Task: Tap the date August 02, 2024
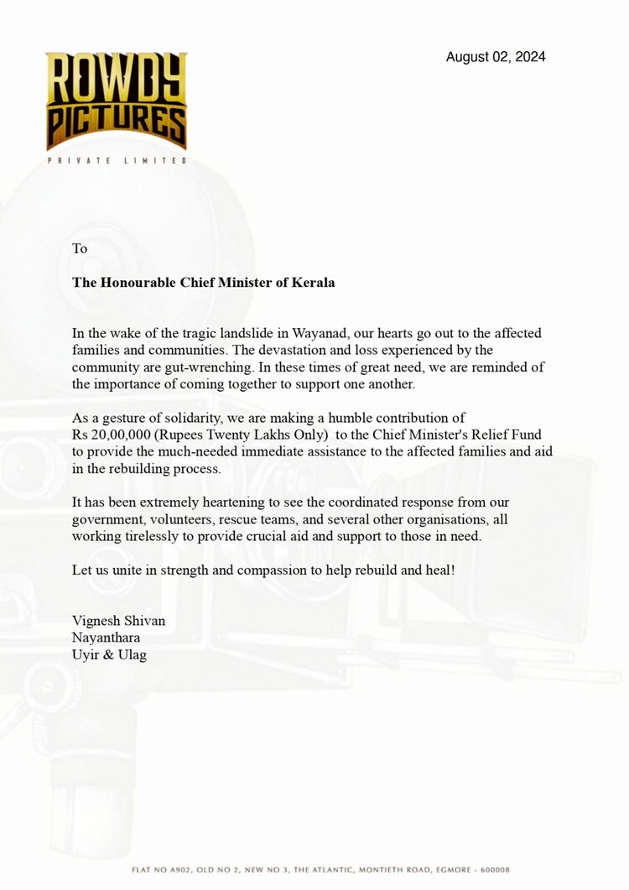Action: pyautogui.click(x=496, y=57)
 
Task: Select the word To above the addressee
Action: pyautogui.click(x=80, y=248)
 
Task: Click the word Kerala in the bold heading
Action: pyautogui.click(x=312, y=283)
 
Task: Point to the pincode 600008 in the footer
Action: pyautogui.click(x=494, y=870)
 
